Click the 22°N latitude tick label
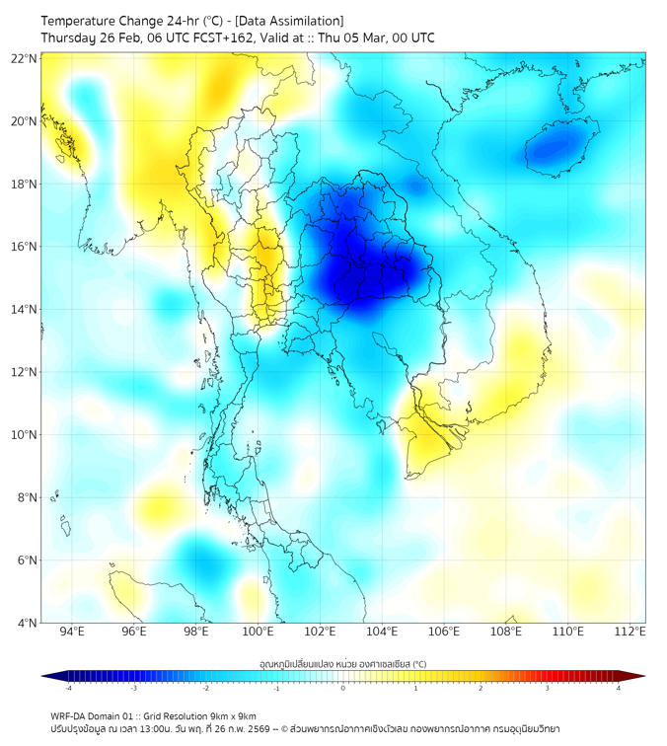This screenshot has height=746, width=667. point(25,58)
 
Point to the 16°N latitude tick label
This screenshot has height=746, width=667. point(25,247)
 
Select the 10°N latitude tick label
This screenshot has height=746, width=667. point(25,434)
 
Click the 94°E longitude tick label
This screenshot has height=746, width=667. point(72,632)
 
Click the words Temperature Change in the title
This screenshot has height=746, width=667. point(96,21)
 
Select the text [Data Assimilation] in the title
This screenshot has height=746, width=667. point(291,21)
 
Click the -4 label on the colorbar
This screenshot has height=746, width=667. point(67,689)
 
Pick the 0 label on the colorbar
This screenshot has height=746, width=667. point(342,689)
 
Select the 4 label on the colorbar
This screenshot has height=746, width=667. point(619,689)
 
